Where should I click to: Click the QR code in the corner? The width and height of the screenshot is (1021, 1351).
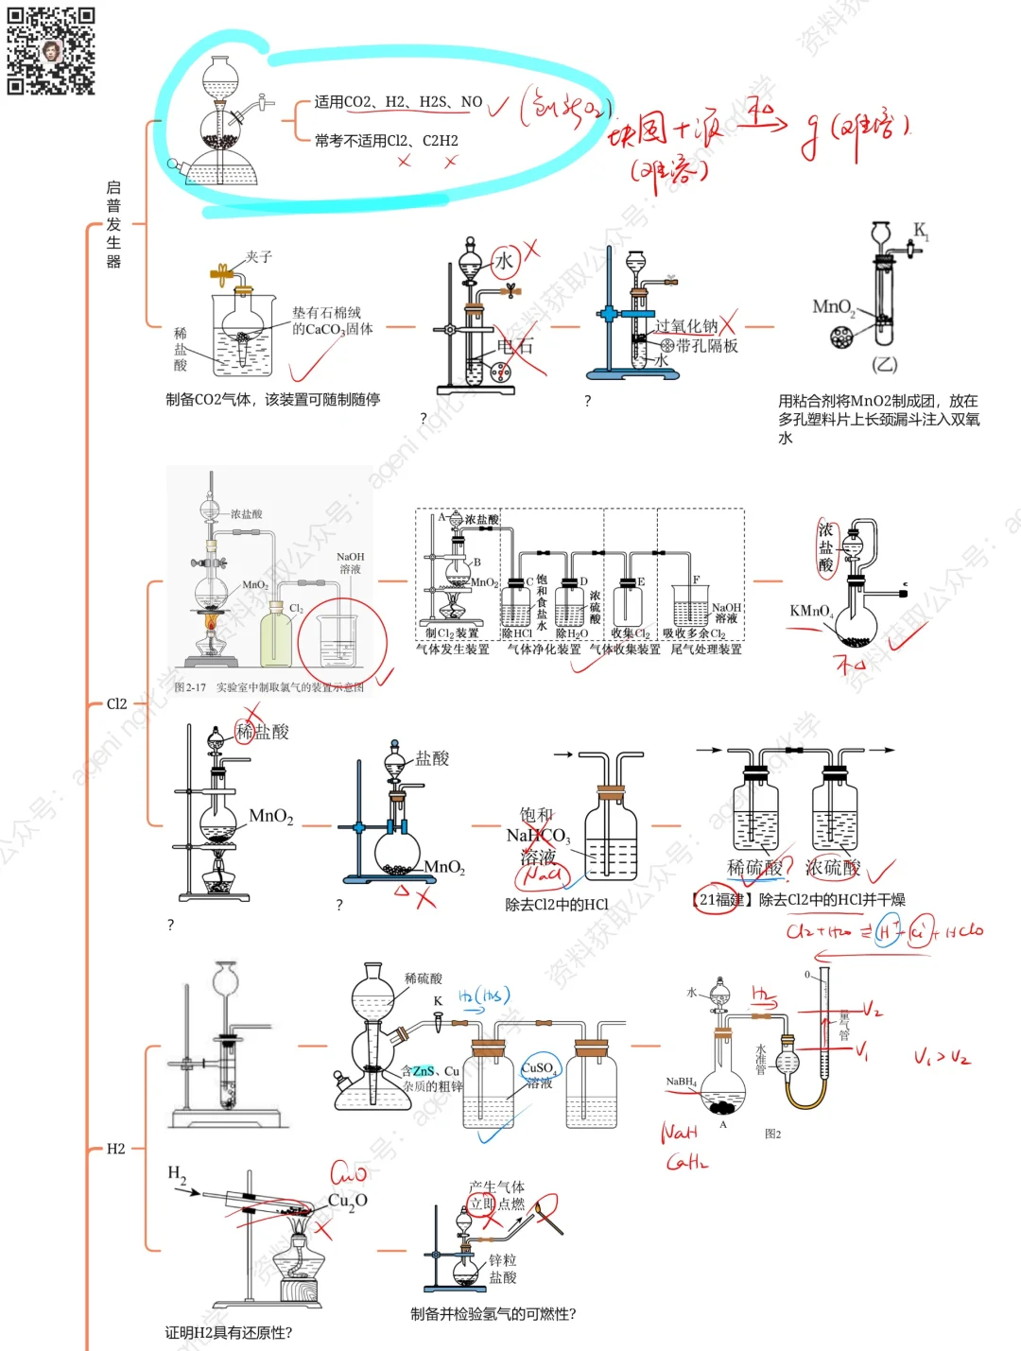point(51,51)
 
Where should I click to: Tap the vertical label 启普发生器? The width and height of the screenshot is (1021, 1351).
point(113,225)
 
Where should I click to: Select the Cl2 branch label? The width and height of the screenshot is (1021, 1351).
point(116,703)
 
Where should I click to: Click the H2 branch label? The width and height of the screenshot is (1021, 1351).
point(115,1149)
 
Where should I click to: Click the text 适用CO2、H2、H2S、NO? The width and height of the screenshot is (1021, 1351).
point(398,102)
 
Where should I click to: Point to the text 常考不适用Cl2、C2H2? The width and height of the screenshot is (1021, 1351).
point(386,141)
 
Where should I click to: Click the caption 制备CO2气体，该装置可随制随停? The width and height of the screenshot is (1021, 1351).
point(272,400)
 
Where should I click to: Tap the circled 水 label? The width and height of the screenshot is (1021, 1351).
point(505,261)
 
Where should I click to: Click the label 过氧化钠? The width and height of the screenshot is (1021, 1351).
point(685,326)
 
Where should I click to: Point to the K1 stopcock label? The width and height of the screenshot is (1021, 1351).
point(921,231)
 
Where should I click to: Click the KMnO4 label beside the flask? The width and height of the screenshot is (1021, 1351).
point(811,611)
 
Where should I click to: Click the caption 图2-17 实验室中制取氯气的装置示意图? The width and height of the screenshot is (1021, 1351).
point(269,687)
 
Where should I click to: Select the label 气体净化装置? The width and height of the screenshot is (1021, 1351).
point(545,650)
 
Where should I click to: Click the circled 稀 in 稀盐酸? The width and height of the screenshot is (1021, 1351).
point(245,732)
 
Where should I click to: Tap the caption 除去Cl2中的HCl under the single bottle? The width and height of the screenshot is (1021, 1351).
point(557,905)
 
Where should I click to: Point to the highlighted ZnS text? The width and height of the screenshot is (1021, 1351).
point(423,1071)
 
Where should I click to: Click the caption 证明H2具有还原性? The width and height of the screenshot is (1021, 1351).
point(229,1333)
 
